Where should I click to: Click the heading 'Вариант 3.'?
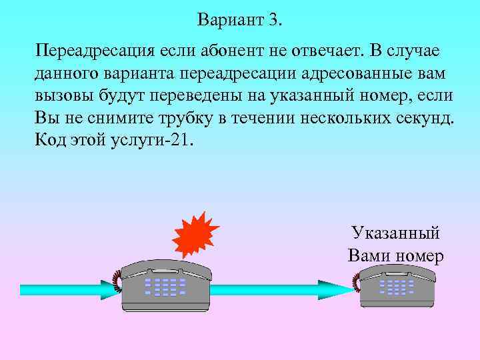tap(240, 20)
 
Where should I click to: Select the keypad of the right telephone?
tap(397, 287)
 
